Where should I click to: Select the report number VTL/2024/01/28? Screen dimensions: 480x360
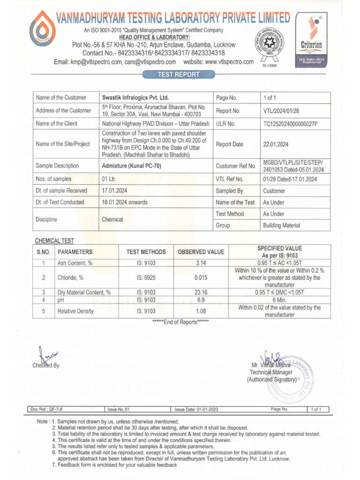click(x=281, y=111)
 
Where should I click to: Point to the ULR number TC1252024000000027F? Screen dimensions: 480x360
click(x=291, y=124)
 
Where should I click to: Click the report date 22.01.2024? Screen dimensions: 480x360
click(x=276, y=144)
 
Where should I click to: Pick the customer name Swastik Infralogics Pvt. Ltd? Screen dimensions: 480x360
click(x=135, y=98)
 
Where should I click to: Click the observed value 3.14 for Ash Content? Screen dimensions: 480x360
click(x=201, y=263)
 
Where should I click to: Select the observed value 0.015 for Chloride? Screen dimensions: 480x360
click(x=201, y=277)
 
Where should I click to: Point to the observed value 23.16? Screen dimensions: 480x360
click(x=201, y=292)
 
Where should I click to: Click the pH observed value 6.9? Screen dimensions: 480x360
click(x=201, y=300)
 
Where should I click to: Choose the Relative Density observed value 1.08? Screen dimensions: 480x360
click(x=201, y=311)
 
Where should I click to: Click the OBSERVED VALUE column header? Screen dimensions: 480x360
click(x=201, y=252)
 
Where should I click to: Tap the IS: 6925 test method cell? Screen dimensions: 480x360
click(x=146, y=277)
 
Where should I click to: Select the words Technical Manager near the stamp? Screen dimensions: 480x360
click(x=271, y=372)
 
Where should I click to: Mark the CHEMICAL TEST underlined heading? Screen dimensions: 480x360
click(x=54, y=240)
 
